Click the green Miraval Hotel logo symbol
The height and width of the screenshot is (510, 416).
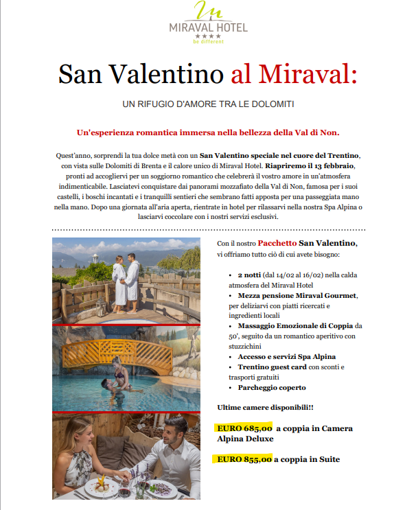[x=208, y=12]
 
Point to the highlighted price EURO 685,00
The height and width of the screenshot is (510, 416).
[x=244, y=428]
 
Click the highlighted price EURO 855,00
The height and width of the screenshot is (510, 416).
[x=244, y=459]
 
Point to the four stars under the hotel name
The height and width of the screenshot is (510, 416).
[x=207, y=36]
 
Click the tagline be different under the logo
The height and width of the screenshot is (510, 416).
[x=207, y=42]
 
